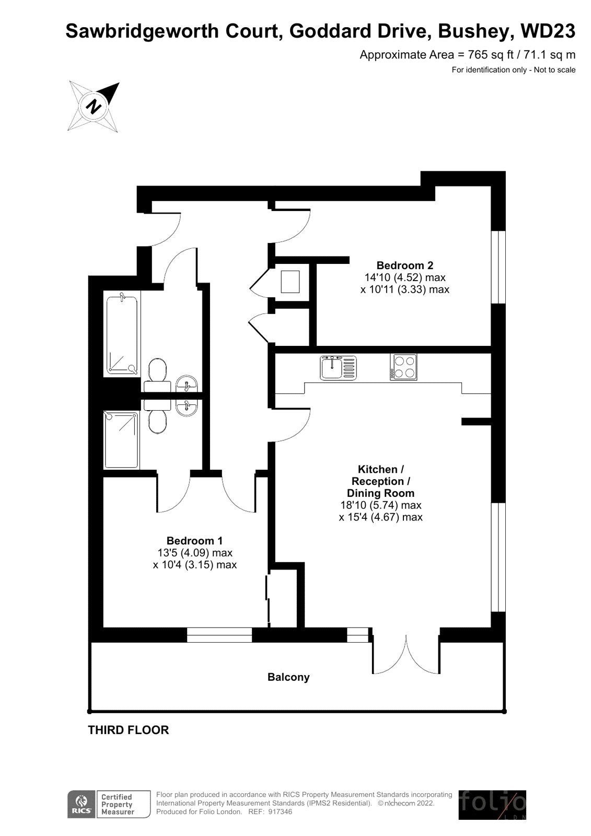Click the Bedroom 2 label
pyautogui.click(x=404, y=265)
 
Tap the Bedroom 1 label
pyautogui.click(x=194, y=540)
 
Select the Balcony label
pyautogui.click(x=288, y=677)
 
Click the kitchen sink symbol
pyautogui.click(x=338, y=368)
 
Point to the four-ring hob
pyautogui.click(x=403, y=367)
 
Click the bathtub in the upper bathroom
pyautogui.click(x=122, y=334)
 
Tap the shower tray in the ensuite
pyautogui.click(x=121, y=440)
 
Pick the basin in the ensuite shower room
pyautogui.click(x=187, y=408)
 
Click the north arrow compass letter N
pyautogui.click(x=94, y=107)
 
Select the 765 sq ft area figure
pyautogui.click(x=490, y=55)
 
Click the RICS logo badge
pyautogui.click(x=81, y=804)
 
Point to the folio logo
pyautogui.click(x=492, y=804)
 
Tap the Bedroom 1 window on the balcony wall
pyautogui.click(x=219, y=635)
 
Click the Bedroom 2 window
pyautogui.click(x=497, y=267)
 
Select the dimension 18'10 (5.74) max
pyautogui.click(x=381, y=505)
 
